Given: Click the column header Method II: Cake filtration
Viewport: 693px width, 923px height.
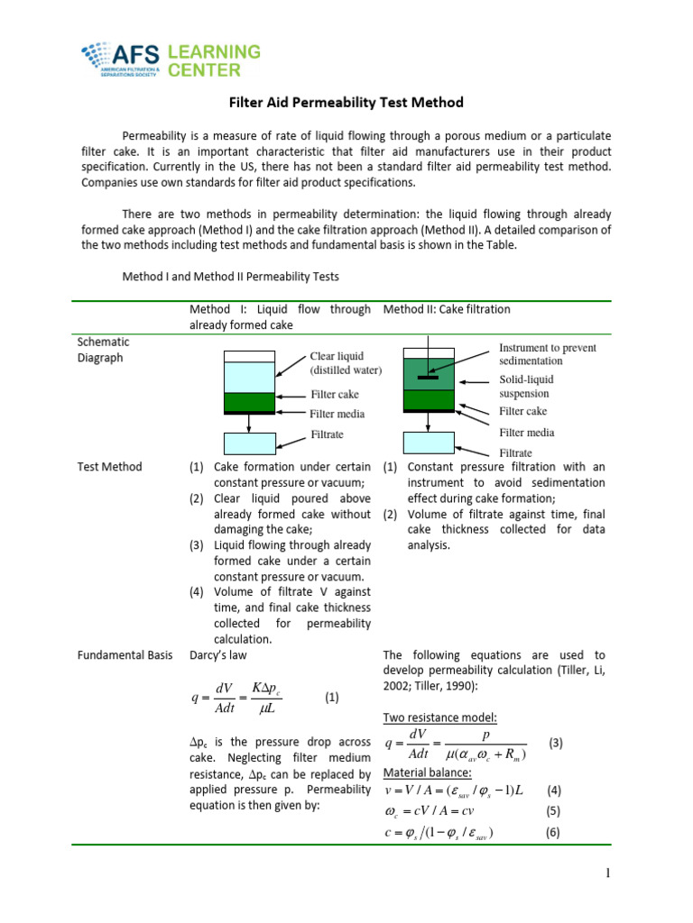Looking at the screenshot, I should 447,309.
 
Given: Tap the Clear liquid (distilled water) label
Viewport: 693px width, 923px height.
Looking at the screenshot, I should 346,363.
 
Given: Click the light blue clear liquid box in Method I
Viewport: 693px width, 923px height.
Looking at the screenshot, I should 248,377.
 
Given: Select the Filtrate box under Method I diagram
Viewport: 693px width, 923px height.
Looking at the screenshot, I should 248,443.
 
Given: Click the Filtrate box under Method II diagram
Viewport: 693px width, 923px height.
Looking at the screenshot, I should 429,443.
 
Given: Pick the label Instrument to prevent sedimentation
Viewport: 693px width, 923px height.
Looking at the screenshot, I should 548,354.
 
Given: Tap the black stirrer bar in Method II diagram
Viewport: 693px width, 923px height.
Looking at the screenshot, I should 428,378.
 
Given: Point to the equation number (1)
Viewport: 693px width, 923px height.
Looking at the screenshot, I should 331,697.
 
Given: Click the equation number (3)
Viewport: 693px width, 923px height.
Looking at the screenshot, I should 556,743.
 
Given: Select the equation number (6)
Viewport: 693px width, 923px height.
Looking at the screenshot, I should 553,832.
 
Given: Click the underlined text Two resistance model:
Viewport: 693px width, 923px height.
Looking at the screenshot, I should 439,717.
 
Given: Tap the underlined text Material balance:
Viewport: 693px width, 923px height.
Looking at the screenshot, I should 427,773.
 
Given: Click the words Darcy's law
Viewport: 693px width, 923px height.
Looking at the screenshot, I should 217,655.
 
